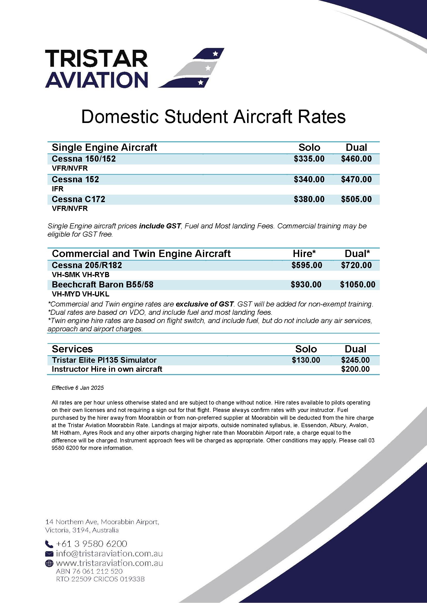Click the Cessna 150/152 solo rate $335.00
click(309, 159)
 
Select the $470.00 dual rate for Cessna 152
click(356, 179)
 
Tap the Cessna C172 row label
click(78, 199)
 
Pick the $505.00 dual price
click(356, 199)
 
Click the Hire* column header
click(304, 254)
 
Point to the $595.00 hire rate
click(307, 265)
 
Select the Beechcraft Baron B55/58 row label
click(102, 285)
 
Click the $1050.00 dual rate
click(358, 285)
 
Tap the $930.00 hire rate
click(306, 285)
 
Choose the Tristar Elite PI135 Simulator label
click(104, 360)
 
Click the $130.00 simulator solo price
click(306, 360)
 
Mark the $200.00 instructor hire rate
click(355, 369)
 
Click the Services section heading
click(72, 349)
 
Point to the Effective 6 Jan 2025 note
click(77, 388)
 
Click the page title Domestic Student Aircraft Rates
click(213, 117)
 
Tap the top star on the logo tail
click(215, 54)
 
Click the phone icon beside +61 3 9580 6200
click(49, 544)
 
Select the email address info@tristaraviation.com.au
click(109, 554)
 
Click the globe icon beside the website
click(49, 563)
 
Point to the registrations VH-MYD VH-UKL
click(81, 294)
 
